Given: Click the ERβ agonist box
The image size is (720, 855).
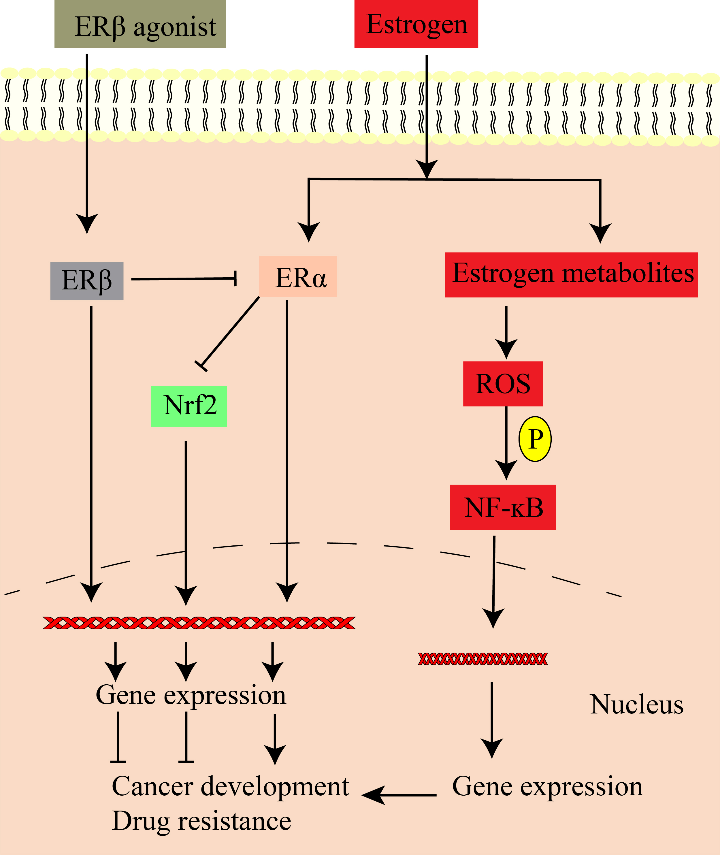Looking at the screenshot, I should point(140,25).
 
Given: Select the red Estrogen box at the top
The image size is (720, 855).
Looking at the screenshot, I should point(416,25).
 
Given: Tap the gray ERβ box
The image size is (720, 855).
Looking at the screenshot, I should point(86,280).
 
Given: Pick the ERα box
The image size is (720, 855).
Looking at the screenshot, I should point(298,276).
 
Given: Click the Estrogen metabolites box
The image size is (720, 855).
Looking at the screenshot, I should point(571,275).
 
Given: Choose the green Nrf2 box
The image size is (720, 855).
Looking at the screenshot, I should point(189,406).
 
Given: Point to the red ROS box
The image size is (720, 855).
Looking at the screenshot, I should point(503,384).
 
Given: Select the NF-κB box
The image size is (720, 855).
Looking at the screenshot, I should point(503,507).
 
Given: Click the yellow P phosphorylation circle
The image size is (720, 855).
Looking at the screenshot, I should point(535,439).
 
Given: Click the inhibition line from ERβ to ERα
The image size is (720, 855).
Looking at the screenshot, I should point(184,279).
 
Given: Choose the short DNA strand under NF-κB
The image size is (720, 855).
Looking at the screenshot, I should point(482,659).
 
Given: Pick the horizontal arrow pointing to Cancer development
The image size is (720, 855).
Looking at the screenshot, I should point(399,794).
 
